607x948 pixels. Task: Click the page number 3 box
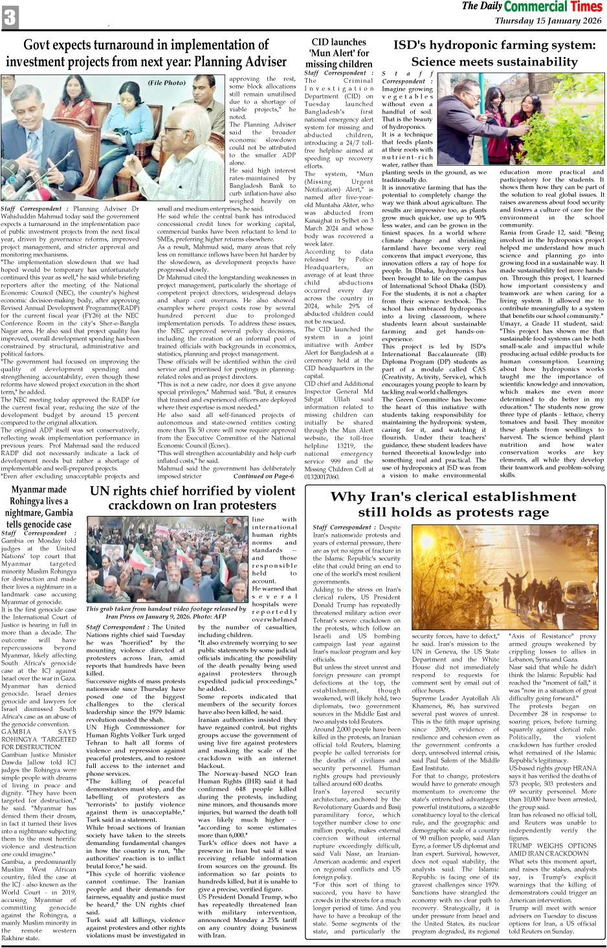10,17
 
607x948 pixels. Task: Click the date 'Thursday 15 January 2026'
547,21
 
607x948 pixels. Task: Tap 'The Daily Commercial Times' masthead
532,7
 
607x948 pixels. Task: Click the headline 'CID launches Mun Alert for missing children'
338,53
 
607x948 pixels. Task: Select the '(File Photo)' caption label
166,83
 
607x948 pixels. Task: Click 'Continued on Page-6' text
263,476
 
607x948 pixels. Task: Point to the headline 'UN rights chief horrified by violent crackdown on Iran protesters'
192,497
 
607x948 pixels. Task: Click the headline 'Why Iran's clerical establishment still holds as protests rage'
453,504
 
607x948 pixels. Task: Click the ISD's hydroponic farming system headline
494,53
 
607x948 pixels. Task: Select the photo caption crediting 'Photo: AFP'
166,613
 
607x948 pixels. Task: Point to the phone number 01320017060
322,477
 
